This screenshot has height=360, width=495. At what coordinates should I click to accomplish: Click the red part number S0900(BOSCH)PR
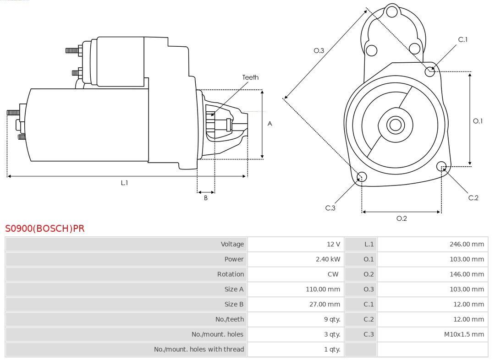coord(45,228)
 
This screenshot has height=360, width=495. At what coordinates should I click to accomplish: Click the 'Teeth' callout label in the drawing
coord(250,77)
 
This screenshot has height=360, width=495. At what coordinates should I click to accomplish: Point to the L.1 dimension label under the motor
coord(124,183)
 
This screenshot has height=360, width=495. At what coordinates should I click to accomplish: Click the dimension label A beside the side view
coord(270,124)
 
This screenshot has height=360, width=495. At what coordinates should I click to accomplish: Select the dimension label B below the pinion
coord(206,198)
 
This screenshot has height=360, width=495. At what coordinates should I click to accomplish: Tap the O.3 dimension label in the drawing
coord(319,50)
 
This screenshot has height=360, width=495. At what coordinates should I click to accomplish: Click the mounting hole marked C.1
coord(430,71)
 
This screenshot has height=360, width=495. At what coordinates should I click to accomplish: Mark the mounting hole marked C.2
coord(441,166)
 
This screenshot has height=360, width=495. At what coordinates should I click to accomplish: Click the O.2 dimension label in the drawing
coord(401,218)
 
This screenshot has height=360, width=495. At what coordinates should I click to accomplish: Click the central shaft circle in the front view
coord(395,125)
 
